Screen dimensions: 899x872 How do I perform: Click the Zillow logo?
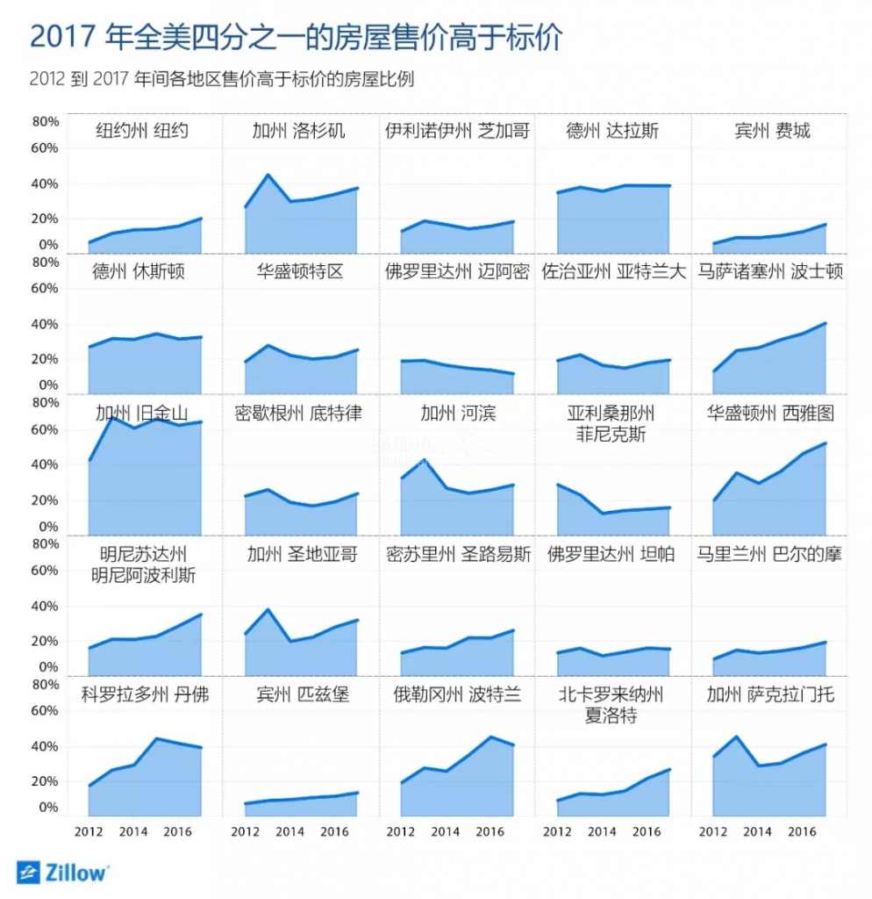click(63, 872)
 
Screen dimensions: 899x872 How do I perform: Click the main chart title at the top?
click(295, 38)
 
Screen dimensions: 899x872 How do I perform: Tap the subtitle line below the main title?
click(221, 80)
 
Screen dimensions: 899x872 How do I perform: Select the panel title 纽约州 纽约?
click(142, 132)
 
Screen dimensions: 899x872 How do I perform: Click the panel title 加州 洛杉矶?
click(298, 132)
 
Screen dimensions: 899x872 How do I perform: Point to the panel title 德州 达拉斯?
click(612, 132)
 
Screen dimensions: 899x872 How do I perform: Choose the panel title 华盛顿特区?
click(299, 272)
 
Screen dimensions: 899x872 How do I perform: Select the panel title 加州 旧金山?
click(142, 414)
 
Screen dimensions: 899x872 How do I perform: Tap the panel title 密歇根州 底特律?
click(298, 414)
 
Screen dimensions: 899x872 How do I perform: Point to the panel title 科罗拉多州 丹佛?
click(145, 695)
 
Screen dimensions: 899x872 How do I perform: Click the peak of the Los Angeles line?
click(268, 175)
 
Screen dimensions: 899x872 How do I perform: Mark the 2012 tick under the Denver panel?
click(88, 831)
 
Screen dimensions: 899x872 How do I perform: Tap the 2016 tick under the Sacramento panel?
click(804, 831)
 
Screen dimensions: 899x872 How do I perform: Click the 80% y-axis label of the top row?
click(46, 122)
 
